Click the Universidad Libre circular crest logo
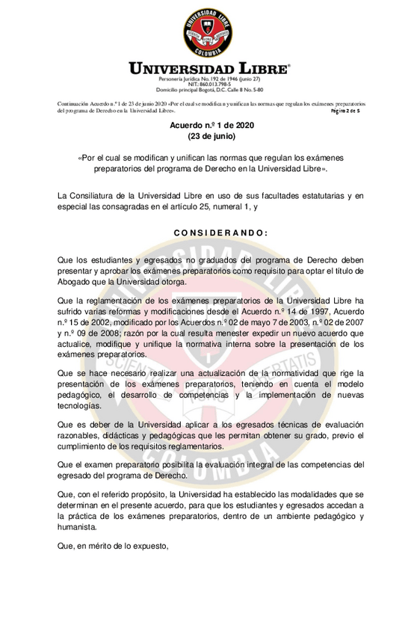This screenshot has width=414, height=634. pos(208,31)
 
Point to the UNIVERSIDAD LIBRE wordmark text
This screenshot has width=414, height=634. pos(209,69)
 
